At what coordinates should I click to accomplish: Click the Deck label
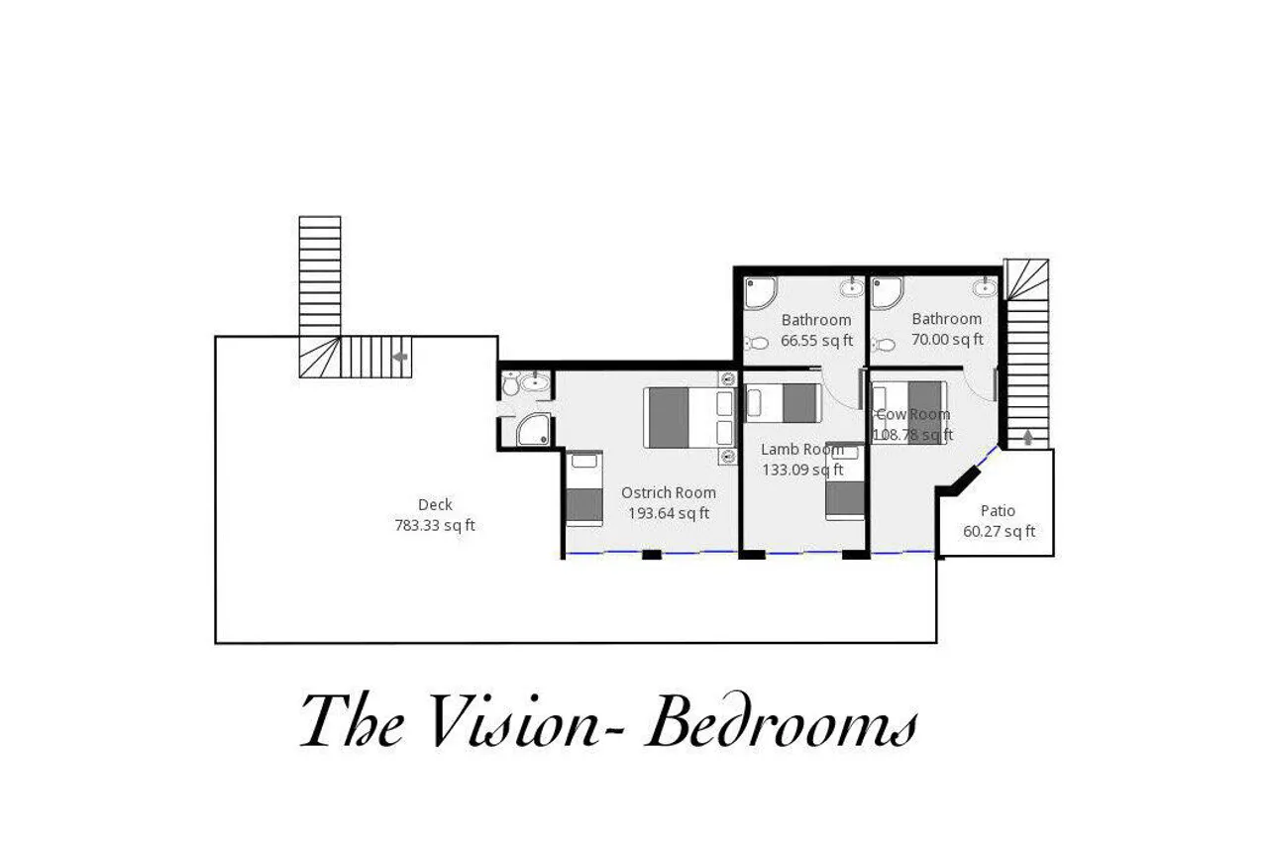(x=435, y=504)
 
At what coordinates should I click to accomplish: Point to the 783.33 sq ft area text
(x=435, y=525)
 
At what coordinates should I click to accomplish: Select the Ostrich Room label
(x=669, y=492)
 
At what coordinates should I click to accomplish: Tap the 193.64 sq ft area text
(x=669, y=513)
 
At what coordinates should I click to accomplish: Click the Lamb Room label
(x=802, y=450)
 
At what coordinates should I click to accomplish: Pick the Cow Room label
(x=913, y=414)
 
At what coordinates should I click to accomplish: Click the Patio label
(x=998, y=510)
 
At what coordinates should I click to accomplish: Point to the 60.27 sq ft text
(x=1000, y=531)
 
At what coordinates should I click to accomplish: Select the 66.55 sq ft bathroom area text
(x=816, y=340)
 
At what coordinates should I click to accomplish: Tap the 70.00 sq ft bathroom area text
(x=947, y=339)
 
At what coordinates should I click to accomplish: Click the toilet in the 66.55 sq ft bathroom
(x=756, y=343)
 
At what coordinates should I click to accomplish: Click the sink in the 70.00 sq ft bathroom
(x=985, y=287)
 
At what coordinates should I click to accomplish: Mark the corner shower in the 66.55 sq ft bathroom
(x=759, y=292)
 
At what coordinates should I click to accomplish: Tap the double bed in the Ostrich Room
(x=689, y=418)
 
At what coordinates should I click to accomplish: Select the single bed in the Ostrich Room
(x=584, y=488)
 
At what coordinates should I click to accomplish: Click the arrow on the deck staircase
(x=400, y=357)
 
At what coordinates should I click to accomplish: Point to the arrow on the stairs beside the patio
(x=1028, y=437)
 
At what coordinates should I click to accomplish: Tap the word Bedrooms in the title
(x=781, y=720)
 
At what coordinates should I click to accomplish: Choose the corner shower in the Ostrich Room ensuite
(x=533, y=429)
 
